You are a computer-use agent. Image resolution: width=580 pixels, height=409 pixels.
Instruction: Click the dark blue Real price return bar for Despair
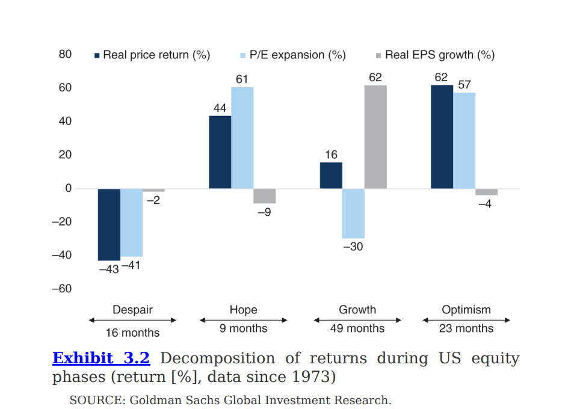point(109,224)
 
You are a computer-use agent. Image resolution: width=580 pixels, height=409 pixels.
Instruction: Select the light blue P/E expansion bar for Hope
point(242,138)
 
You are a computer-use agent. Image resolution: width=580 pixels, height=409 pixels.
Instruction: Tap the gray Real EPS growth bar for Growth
point(375,137)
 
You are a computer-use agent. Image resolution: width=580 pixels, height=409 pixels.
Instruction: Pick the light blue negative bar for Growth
point(353,214)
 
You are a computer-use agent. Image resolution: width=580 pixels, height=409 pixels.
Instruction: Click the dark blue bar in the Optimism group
point(442,137)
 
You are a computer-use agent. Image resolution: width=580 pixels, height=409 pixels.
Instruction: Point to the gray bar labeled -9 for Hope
point(264,196)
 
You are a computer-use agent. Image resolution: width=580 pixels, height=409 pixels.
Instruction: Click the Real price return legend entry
point(156,55)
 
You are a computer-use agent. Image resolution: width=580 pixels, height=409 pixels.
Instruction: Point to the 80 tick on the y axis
point(65,55)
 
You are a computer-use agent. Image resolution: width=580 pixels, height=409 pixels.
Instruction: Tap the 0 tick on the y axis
point(68,188)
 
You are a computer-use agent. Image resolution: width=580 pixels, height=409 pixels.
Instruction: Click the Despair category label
point(132,310)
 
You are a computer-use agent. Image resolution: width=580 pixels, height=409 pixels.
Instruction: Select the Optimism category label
point(466,310)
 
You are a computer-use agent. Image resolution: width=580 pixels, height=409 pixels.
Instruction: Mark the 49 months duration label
point(357,328)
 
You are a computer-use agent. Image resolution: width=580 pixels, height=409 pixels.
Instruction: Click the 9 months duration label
point(244,328)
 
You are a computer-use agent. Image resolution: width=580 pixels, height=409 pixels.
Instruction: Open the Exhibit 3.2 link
point(101,358)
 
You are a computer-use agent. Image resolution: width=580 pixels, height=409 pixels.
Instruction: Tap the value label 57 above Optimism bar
point(464,85)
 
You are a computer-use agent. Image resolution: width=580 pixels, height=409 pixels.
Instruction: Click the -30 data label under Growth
point(353,247)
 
